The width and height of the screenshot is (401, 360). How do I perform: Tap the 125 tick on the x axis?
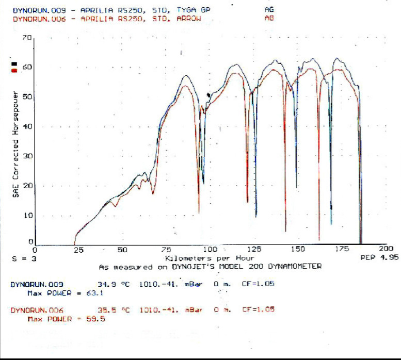coord(254,249)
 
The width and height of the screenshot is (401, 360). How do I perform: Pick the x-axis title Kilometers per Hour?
coord(210,257)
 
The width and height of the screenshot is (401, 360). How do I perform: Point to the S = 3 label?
coord(24,259)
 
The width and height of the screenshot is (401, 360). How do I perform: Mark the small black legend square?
coord(14,64)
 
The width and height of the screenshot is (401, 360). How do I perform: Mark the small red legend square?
coord(14,71)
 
